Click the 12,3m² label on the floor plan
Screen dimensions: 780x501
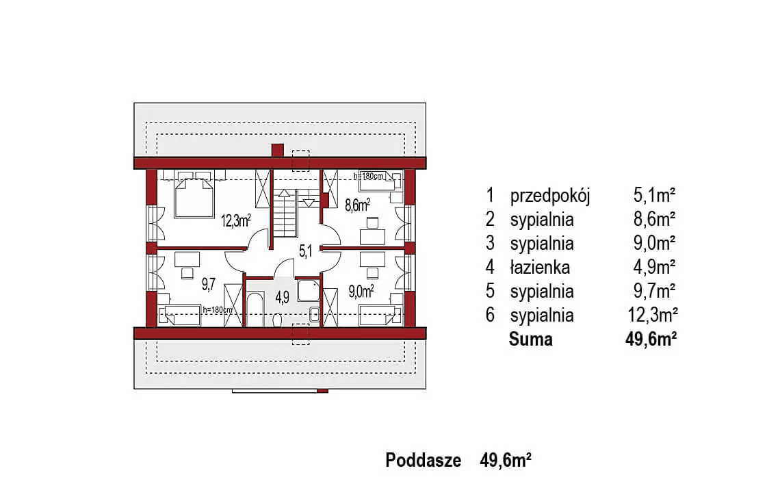pos(236,220)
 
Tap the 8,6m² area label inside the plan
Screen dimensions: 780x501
pos(358,205)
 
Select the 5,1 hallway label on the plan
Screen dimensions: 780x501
pos(305,251)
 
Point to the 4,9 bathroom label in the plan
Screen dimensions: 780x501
pos(282,297)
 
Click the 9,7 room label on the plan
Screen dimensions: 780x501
pos(209,284)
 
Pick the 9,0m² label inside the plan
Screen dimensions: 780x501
pos(361,291)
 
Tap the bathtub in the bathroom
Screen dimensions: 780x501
pos(255,309)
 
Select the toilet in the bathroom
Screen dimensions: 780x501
pos(277,320)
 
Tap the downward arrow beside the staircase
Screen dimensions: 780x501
pos(309,203)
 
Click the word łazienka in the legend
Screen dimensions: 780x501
pos(540,268)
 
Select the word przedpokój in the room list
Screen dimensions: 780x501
pos(550,196)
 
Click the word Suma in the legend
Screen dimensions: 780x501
pos(531,339)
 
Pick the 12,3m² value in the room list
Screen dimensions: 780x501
pos(653,315)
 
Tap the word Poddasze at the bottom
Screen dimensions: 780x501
pos(424,460)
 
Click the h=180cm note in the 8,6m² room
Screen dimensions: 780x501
pos(369,176)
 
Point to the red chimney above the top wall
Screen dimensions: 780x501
pos(278,151)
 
